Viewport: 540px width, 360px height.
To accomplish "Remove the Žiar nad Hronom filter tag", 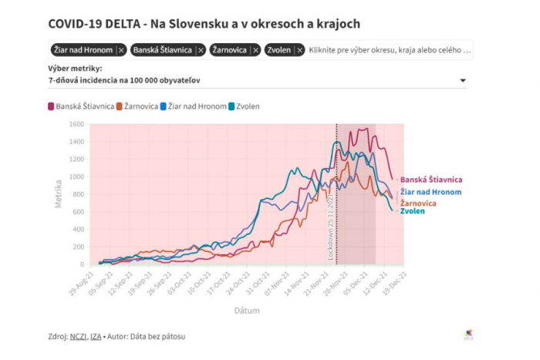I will (121, 50).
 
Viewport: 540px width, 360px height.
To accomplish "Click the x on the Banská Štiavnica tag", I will (201, 50).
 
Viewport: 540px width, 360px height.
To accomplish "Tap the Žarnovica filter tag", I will (229, 50).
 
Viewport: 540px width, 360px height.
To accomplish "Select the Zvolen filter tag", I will (278, 50).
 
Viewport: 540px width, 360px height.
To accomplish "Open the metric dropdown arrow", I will (463, 81).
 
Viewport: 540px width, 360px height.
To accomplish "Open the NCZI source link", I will (77, 336).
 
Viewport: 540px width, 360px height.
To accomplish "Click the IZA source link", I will (96, 336).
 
